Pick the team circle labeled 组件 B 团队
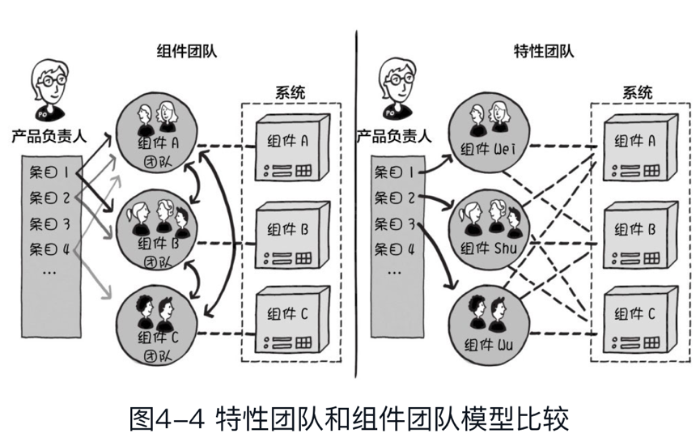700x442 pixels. click(x=157, y=228)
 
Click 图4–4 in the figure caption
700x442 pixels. click(x=165, y=419)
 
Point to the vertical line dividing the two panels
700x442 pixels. click(x=355, y=202)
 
